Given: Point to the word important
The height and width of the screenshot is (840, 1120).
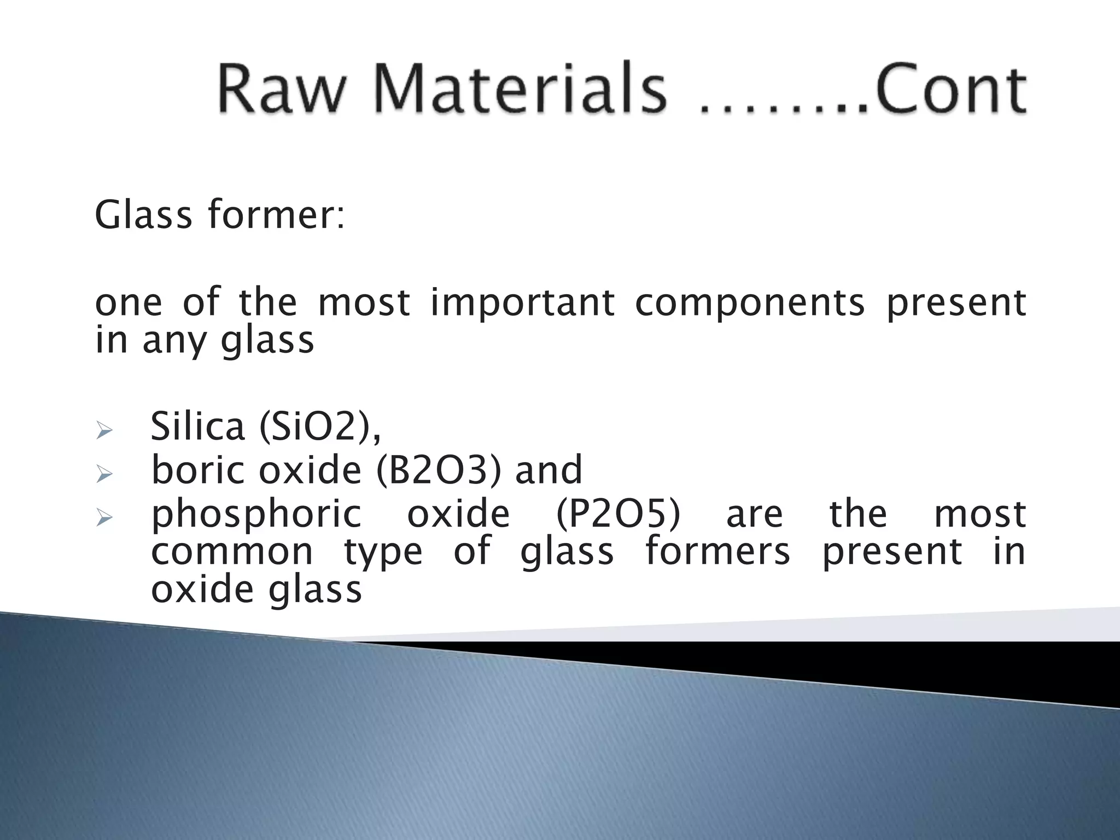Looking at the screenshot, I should point(522,302).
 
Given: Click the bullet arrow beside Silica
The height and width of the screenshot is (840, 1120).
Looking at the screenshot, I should point(103,431).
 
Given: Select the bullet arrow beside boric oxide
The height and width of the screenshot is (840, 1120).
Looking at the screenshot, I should point(103,474).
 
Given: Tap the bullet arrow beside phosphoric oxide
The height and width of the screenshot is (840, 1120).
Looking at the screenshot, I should point(103,517).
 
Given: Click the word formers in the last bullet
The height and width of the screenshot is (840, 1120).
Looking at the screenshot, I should point(717,551).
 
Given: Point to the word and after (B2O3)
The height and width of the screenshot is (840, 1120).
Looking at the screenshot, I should point(549,470).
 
